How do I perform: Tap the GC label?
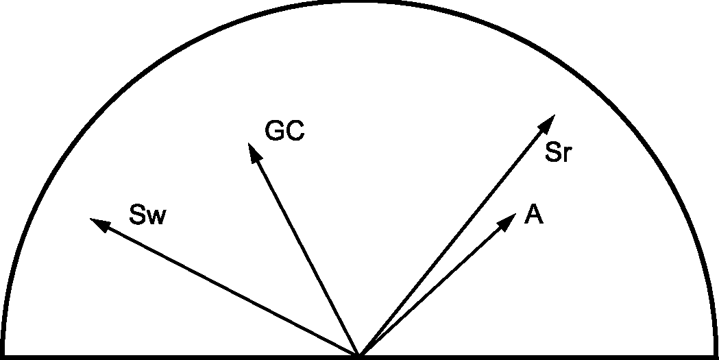[284, 131]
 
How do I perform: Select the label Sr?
[558, 153]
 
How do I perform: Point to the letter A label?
[534, 215]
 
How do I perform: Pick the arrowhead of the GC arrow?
[254, 152]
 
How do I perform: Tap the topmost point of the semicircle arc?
[359, 3]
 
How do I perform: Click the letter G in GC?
[275, 131]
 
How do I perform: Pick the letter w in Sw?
[157, 217]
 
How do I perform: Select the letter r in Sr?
[566, 155]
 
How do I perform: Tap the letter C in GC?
[295, 131]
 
